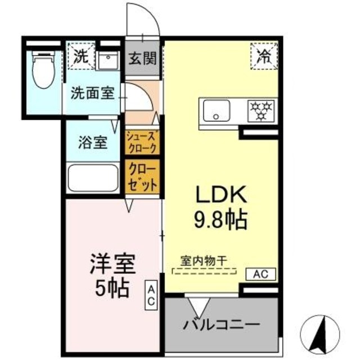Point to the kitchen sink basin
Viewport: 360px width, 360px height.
pos(217,110)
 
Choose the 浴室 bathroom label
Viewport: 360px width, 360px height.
pos(92,142)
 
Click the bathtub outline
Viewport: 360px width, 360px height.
pos(92,178)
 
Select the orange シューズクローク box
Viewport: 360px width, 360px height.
pos(142,141)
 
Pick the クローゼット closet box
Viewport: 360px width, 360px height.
pos(142,177)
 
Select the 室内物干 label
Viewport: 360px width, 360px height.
pos(204,261)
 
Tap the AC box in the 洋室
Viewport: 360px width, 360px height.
pos(152,294)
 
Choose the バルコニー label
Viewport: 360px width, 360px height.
pos(222,325)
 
